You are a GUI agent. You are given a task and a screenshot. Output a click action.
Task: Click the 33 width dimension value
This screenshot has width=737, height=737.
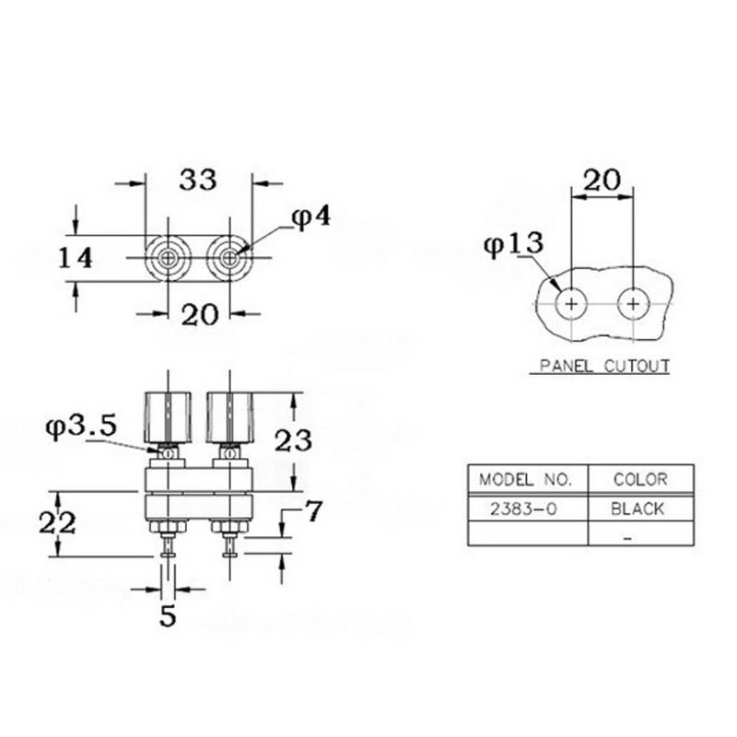[198, 180]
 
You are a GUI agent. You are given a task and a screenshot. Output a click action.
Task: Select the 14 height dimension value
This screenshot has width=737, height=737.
[76, 258]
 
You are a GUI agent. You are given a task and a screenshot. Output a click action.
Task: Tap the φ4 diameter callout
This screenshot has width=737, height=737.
[311, 217]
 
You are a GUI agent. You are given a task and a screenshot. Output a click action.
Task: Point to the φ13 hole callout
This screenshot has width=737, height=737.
[513, 244]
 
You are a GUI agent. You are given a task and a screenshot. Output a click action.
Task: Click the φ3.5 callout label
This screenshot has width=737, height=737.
[81, 427]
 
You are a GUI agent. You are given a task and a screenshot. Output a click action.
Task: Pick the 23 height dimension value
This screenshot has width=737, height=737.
[293, 441]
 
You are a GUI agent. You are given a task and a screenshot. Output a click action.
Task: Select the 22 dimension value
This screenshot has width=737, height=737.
[57, 522]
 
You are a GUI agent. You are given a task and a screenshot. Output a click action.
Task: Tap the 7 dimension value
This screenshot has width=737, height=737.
[313, 511]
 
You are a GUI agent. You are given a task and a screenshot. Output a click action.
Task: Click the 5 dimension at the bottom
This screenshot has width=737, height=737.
[168, 615]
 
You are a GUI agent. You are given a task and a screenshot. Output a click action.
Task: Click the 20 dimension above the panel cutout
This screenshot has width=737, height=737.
[602, 180]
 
